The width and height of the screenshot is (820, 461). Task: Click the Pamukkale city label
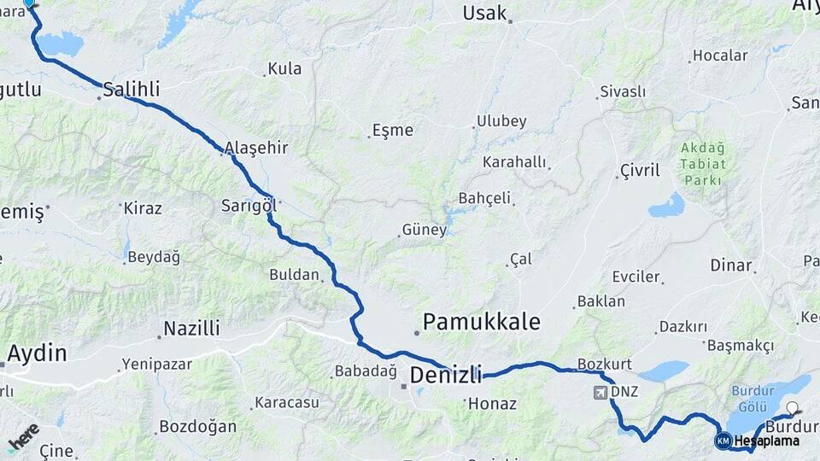(482, 322)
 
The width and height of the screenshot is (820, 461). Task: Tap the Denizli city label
(446, 374)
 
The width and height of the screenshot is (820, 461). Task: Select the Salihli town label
(132, 88)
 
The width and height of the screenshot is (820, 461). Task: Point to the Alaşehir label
(256, 148)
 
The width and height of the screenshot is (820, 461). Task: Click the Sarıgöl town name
(249, 205)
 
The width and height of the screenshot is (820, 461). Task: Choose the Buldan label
(294, 275)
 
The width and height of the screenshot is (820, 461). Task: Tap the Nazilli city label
(191, 328)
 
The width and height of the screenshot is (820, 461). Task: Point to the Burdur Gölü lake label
(752, 397)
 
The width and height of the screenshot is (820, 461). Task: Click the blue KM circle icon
(723, 441)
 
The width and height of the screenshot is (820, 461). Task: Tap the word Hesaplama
(766, 441)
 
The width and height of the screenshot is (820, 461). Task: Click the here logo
(24, 436)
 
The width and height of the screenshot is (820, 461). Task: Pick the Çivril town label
(640, 171)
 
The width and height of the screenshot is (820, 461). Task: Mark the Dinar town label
(730, 265)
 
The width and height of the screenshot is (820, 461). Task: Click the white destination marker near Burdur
(793, 409)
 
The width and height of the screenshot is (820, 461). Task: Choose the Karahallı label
(514, 161)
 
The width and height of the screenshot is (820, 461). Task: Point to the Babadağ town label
(366, 371)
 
